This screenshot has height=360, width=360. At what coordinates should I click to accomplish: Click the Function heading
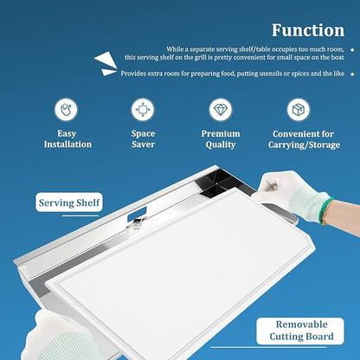point(308,30)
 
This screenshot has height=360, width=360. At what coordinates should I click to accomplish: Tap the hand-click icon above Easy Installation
point(67,109)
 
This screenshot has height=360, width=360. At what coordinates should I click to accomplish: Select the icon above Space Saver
point(143,110)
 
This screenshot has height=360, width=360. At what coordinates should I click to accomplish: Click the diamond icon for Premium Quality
point(221,110)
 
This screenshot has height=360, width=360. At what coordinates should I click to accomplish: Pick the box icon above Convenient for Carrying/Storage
point(299,110)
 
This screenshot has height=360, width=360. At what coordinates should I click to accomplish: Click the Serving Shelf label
point(69,202)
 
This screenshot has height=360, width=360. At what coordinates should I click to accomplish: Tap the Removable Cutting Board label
point(300,331)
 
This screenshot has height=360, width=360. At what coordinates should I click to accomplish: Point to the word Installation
point(67,145)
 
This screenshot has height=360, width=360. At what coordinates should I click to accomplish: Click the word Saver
point(144,145)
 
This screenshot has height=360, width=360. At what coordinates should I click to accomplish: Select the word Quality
point(221,145)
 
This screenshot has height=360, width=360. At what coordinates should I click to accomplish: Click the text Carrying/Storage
point(305,145)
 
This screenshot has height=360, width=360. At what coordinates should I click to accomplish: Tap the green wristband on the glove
point(326,210)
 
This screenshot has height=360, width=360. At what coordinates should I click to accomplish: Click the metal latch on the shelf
point(137,223)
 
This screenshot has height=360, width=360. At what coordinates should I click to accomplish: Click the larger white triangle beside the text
point(106,60)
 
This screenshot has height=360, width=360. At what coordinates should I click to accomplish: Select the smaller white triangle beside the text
point(109,72)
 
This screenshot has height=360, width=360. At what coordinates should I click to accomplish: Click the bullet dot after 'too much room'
point(352,49)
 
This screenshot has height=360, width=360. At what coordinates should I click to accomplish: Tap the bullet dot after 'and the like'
point(352,74)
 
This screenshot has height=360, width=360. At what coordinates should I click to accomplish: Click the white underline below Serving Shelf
point(80,215)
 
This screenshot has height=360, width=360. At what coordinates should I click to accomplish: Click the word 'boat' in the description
point(337,57)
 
